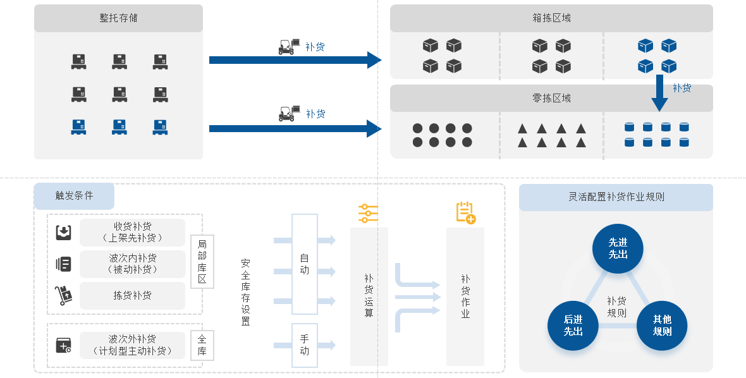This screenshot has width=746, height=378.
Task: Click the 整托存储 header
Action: point(118,18)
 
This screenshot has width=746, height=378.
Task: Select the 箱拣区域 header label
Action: point(551,18)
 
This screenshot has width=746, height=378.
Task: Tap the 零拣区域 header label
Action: point(551,99)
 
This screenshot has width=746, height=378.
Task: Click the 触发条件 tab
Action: point(74,196)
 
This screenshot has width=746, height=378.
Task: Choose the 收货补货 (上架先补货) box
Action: point(132,233)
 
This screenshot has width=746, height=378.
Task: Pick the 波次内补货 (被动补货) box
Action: point(132,264)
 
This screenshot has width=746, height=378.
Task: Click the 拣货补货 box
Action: point(132,295)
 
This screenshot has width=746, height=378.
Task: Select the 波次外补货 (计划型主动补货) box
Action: point(132,345)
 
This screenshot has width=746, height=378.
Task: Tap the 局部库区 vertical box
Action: point(202,262)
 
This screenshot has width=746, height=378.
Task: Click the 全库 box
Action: point(202,345)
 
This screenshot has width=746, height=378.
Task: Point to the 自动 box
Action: point(305,264)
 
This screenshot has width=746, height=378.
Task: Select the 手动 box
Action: point(305,345)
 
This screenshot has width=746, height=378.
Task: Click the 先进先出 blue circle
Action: point(618,248)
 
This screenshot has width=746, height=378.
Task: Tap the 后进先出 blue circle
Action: point(573,326)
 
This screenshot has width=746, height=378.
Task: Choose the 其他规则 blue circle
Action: point(662,326)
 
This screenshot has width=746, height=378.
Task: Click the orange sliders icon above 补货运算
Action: point(368,214)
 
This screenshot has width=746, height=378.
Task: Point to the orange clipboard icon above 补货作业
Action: point(466,212)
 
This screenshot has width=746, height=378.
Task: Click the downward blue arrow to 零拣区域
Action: point(659,93)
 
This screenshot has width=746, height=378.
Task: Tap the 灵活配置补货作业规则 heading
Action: point(616,197)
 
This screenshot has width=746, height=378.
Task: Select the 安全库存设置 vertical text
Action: point(245,293)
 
